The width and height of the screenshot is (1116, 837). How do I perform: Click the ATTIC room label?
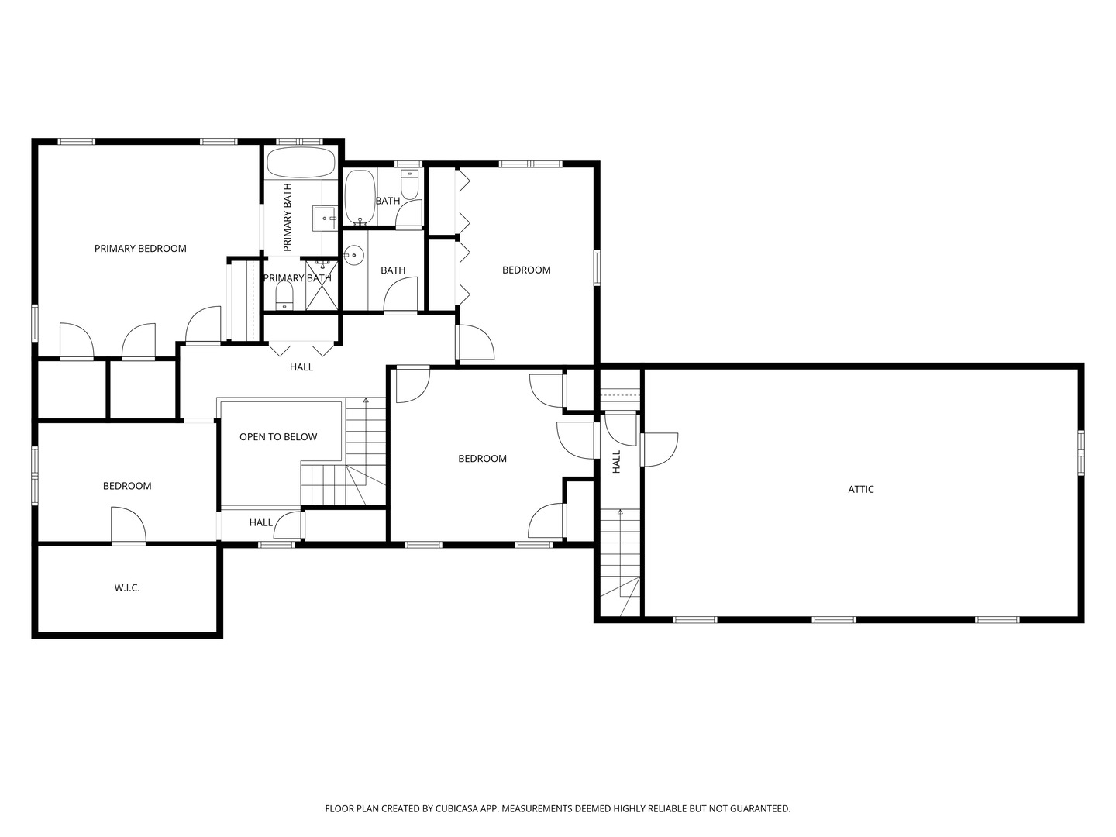click(861, 489)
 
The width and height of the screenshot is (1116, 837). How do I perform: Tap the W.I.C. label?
click(127, 588)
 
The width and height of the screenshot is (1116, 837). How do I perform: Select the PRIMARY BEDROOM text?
click(140, 249)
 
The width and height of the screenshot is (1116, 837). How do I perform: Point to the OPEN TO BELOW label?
click(278, 437)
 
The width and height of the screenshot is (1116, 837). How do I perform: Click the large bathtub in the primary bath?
click(301, 163)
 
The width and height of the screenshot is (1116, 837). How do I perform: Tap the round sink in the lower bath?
click(354, 253)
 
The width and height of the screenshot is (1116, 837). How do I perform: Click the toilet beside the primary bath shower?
click(284, 294)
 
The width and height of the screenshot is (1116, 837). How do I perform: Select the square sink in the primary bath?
click(324, 218)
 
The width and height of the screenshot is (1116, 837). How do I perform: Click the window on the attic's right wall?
click(1080, 453)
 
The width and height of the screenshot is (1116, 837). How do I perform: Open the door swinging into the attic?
click(659, 449)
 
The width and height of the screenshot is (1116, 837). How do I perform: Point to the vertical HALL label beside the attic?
click(617, 462)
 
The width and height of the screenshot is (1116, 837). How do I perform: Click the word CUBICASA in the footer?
click(456, 808)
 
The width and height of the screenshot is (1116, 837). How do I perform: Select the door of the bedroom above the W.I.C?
click(128, 526)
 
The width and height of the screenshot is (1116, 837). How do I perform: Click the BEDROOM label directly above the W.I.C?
click(127, 486)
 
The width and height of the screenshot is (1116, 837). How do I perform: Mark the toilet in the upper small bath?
click(409, 184)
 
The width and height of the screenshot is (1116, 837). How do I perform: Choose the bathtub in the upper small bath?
click(360, 196)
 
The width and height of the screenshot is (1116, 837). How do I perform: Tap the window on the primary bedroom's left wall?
click(35, 322)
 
